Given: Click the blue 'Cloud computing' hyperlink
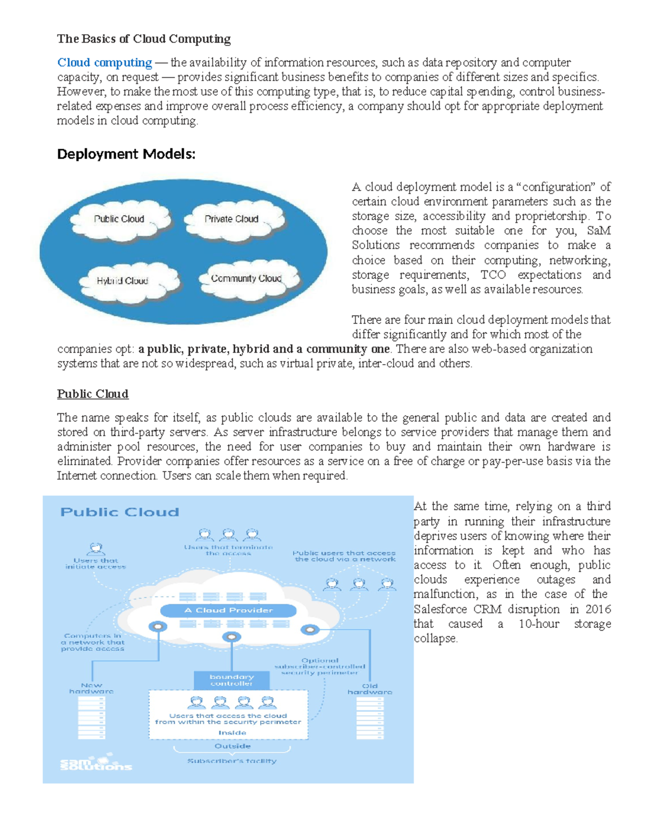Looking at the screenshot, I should (104, 63).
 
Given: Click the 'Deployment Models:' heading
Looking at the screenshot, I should (126, 154).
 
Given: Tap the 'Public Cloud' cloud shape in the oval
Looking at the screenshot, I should (119, 219).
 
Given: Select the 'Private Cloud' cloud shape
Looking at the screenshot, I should (231, 219).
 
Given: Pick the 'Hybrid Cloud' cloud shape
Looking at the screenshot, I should (122, 281).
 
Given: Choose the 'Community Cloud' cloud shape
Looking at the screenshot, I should (246, 279).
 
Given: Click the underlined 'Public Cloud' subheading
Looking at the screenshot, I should (92, 394).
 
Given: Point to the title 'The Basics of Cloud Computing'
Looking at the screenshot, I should (144, 39).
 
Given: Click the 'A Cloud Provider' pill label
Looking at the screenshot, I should (228, 610).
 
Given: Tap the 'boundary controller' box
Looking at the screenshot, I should (231, 680).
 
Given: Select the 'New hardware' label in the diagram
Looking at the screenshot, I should (91, 688).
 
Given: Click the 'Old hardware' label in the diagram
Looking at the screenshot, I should (370, 689).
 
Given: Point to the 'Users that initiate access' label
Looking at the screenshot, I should (96, 564).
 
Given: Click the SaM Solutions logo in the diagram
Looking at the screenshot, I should (96, 763).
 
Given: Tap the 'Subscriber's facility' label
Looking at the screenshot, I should (232, 761).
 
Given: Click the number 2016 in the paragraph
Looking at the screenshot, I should (598, 609).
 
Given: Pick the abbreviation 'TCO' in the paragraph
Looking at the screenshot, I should (493, 275).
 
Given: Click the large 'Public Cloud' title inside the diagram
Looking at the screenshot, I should (120, 512).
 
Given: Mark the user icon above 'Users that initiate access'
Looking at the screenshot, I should (96, 549).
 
